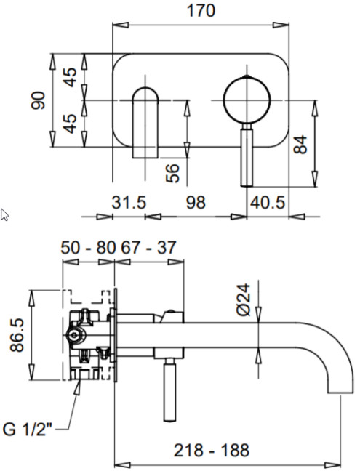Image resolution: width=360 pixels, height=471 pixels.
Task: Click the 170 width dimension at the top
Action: (x=201, y=11)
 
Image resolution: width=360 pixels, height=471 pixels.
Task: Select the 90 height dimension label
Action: (x=38, y=100)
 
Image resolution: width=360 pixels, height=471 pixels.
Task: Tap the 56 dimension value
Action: (x=172, y=173)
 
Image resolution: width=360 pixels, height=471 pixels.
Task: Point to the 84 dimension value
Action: (x=300, y=145)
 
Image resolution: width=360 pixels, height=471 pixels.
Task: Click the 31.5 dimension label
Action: (x=129, y=202)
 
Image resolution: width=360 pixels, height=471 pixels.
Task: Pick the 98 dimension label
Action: (x=196, y=202)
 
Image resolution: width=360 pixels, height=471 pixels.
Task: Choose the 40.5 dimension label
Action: (x=267, y=202)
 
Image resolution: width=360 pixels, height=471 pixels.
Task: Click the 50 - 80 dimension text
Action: (x=88, y=248)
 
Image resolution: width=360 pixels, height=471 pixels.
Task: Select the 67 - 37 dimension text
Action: (x=148, y=248)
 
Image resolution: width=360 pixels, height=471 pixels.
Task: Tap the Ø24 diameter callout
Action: (x=244, y=299)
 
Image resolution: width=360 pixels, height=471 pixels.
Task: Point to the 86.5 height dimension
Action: (x=17, y=335)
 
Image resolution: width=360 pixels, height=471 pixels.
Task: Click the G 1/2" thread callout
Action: (x=28, y=430)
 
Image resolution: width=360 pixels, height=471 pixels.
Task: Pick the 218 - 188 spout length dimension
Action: (x=212, y=450)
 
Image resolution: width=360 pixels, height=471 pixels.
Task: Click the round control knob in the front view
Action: (x=247, y=100)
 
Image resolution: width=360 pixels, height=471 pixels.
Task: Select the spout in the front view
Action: (x=145, y=123)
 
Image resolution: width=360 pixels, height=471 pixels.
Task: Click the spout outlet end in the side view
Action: (x=340, y=391)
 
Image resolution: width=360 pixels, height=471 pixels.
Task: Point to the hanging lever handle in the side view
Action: (x=169, y=390)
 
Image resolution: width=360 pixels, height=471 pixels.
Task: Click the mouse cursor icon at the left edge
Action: (x=4, y=214)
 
